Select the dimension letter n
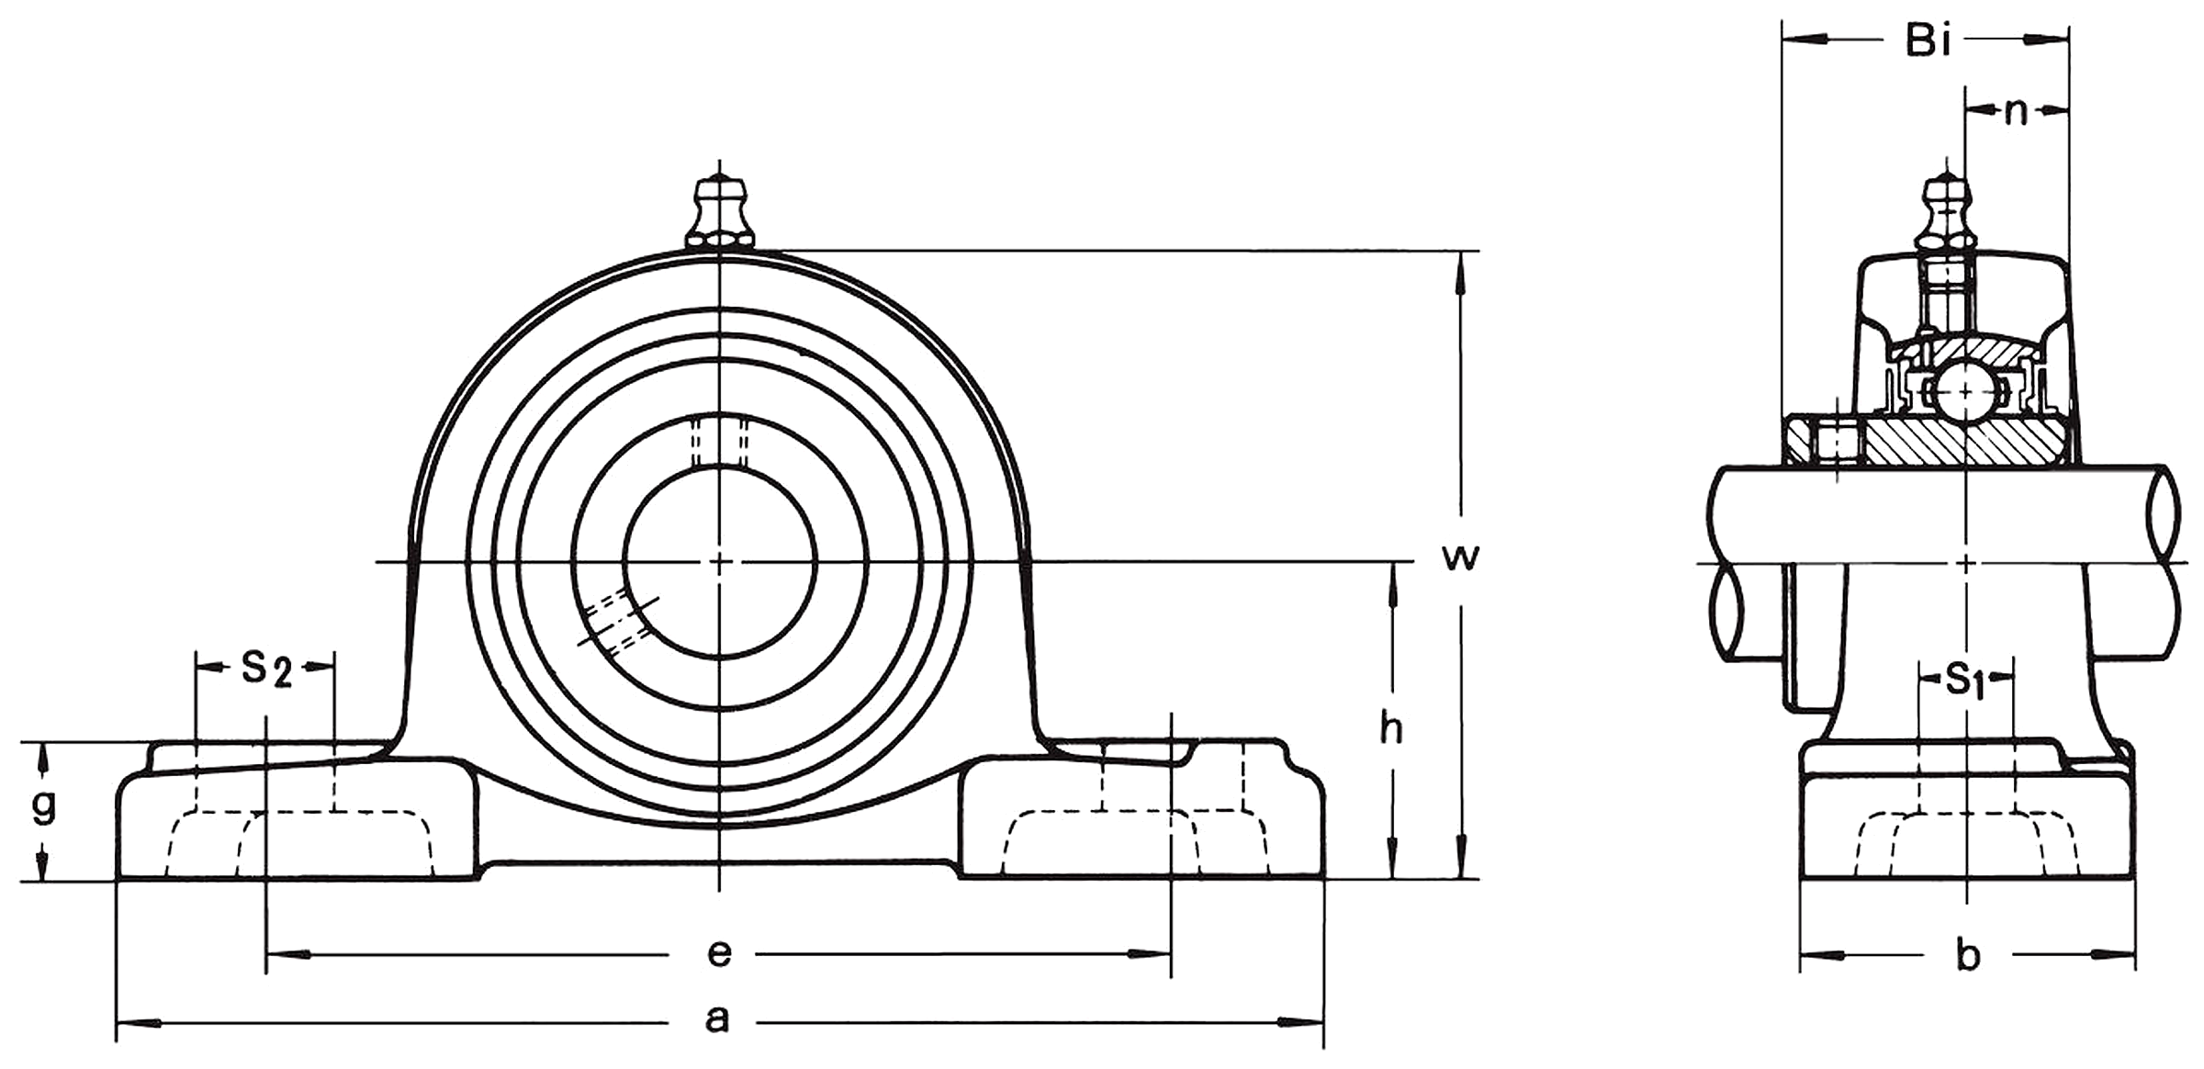point(2016,112)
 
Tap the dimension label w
point(1460,556)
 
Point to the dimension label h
point(1392,729)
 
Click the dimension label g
point(43,806)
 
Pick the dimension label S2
point(266,669)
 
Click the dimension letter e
point(719,953)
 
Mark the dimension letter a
point(717,1018)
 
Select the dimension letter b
point(1968,956)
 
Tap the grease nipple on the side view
point(1946,216)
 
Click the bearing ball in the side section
point(1964,393)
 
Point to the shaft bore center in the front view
point(719,562)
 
